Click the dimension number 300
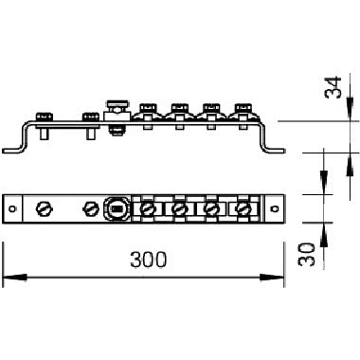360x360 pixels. (148, 260)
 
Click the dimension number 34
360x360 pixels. (333, 87)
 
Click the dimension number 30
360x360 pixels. (307, 254)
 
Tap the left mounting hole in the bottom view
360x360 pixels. (12, 208)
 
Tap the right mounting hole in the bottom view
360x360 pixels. (275, 208)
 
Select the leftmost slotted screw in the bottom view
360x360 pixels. (45, 208)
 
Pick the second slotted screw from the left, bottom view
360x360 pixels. (91, 208)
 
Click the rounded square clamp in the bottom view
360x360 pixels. (117, 208)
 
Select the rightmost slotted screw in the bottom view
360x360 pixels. (243, 208)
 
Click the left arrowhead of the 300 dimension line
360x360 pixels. (14, 278)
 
